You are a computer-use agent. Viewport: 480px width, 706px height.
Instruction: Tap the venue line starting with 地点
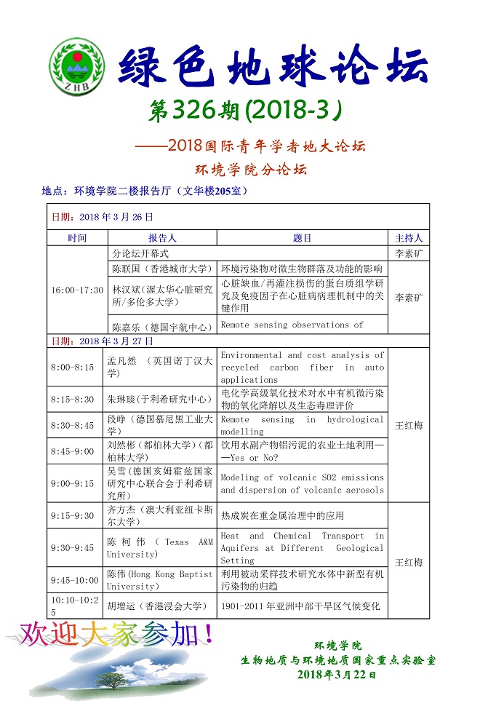[145, 191]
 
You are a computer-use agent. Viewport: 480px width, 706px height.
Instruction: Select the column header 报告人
[161, 238]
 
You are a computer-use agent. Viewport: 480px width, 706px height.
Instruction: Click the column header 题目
[303, 238]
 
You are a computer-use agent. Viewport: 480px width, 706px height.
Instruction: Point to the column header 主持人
[409, 238]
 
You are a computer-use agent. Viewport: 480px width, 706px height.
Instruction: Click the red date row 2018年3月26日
[102, 217]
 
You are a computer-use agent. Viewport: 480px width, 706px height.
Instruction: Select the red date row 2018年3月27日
[102, 341]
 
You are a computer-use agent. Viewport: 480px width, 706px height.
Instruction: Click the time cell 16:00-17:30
[77, 290]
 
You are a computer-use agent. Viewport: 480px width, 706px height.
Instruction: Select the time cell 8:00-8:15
[73, 367]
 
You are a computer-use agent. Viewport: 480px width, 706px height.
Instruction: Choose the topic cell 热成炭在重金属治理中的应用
[282, 515]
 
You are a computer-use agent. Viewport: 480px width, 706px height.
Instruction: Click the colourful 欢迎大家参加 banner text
[116, 632]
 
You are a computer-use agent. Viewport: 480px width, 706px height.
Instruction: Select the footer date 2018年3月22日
[337, 675]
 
